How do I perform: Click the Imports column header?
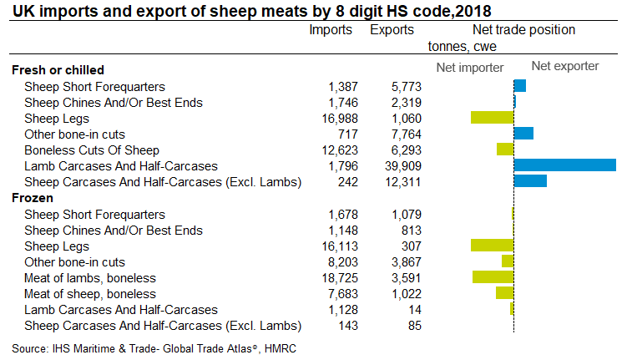click(x=331, y=30)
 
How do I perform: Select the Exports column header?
click(x=392, y=30)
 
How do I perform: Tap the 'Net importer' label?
click(x=470, y=67)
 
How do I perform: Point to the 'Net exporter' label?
click(x=564, y=66)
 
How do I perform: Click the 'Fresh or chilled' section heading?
click(x=57, y=70)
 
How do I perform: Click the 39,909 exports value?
click(x=402, y=166)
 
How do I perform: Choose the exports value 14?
click(x=414, y=310)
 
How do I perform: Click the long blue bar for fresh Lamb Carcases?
click(x=565, y=165)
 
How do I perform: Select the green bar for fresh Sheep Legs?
click(x=492, y=118)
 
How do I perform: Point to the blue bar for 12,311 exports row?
click(x=530, y=181)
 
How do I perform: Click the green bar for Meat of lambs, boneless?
click(x=493, y=277)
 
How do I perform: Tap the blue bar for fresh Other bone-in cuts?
click(x=523, y=134)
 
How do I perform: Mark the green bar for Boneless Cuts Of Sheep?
click(x=504, y=150)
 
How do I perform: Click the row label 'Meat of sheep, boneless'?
click(x=90, y=294)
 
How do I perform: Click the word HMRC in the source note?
click(x=280, y=347)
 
